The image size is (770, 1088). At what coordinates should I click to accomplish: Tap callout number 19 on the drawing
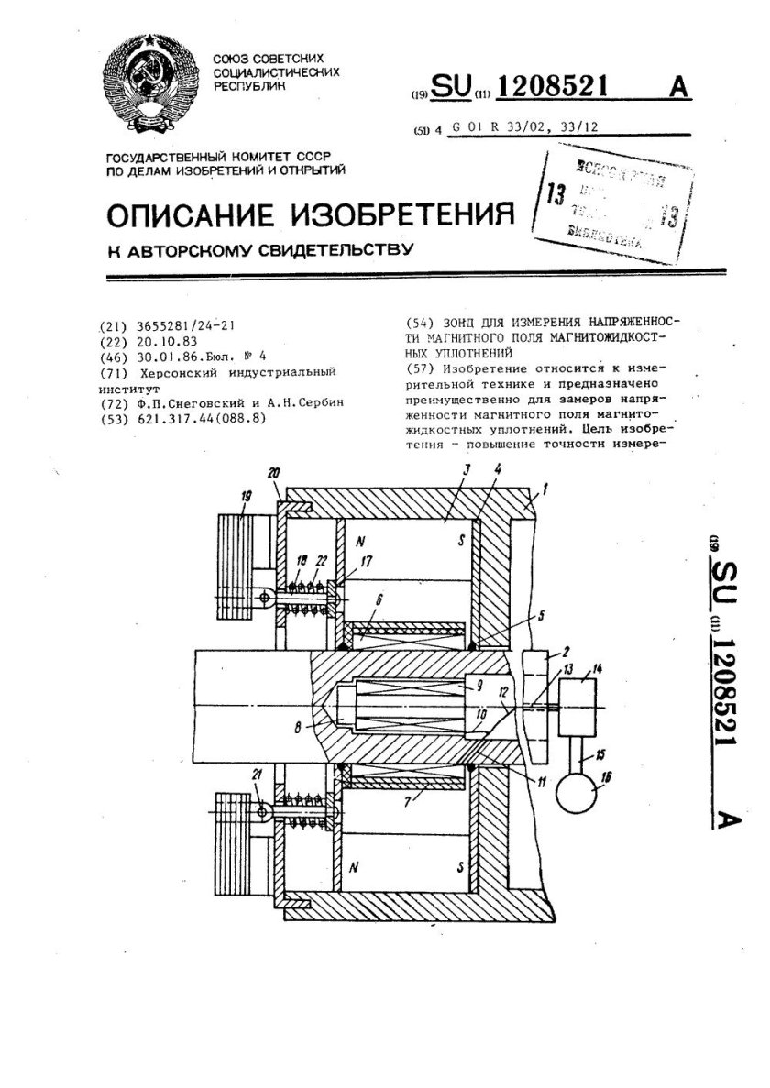click(245, 496)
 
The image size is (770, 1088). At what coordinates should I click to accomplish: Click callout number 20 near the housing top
click(275, 473)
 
